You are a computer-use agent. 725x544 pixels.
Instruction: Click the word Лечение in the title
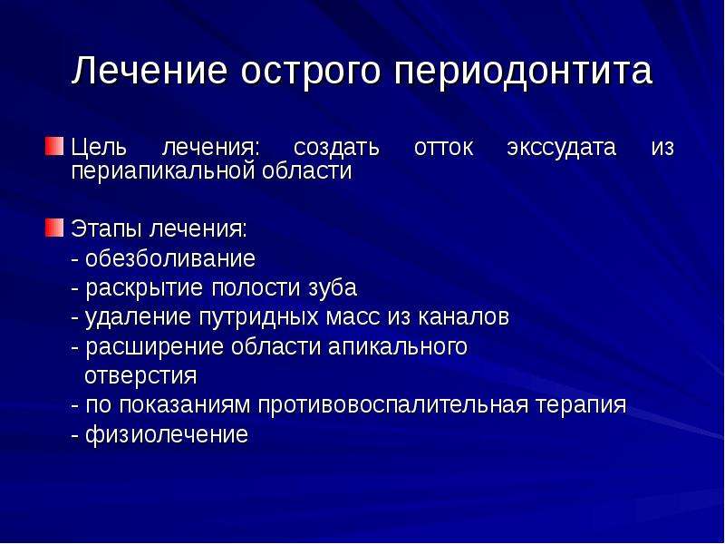click(150, 71)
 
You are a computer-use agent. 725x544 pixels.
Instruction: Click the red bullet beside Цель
click(54, 146)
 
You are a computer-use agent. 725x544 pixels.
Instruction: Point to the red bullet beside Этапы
click(54, 228)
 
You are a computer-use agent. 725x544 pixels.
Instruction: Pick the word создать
click(336, 148)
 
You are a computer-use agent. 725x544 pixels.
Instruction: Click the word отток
click(443, 149)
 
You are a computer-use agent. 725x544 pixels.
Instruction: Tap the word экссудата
click(561, 149)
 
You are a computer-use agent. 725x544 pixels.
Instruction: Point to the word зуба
click(333, 288)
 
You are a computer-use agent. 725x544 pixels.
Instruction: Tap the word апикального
click(398, 347)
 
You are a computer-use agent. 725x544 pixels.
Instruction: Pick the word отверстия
click(140, 376)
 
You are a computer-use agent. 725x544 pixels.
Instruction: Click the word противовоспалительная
click(393, 405)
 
